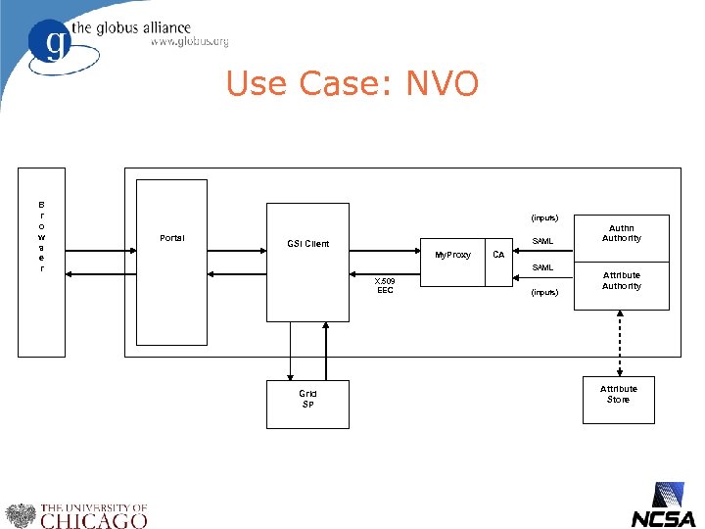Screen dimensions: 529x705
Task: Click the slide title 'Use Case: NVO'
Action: pos(352,84)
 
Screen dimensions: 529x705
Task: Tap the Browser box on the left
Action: pos(41,262)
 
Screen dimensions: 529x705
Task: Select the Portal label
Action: pos(171,238)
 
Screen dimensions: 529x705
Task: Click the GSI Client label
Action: pos(307,243)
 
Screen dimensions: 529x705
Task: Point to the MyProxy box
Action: pos(452,255)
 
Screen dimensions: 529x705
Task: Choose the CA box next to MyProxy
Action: pos(498,255)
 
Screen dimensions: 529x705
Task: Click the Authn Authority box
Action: pos(621,232)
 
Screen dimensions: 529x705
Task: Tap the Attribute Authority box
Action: pos(621,281)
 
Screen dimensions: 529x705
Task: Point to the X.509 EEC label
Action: pos(385,285)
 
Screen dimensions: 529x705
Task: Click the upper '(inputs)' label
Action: pos(543,217)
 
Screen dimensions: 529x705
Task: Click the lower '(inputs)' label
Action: pos(543,292)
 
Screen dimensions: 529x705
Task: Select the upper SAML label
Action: pos(542,241)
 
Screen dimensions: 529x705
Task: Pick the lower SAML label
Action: pos(542,267)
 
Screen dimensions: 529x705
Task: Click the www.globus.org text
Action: pos(189,42)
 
